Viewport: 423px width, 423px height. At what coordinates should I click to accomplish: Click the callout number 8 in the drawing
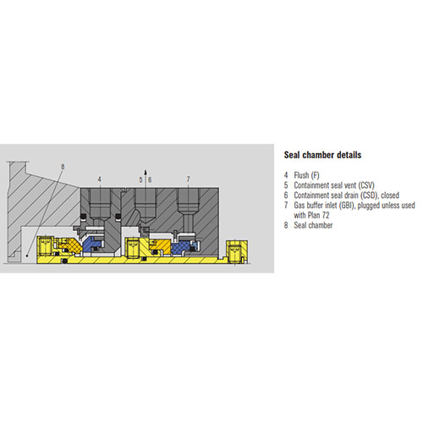(63, 167)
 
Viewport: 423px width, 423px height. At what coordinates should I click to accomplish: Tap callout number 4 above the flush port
(99, 179)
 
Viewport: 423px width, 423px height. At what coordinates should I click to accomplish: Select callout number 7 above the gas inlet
(188, 179)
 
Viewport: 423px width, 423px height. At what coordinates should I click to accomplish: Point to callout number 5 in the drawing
(140, 179)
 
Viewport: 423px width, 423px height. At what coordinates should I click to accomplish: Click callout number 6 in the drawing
(150, 179)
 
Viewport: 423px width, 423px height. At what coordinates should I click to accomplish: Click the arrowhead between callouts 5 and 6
(146, 172)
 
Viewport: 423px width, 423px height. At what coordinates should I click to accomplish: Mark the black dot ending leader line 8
(27, 255)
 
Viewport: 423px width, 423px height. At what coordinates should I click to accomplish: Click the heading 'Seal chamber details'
(322, 155)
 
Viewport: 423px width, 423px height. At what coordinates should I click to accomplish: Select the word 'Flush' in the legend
(301, 175)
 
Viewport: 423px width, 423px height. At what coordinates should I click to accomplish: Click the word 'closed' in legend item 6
(390, 195)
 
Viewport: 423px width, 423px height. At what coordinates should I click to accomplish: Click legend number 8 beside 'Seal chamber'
(286, 225)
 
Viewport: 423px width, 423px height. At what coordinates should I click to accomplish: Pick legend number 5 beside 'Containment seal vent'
(286, 185)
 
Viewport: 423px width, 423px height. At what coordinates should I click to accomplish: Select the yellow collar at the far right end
(236, 251)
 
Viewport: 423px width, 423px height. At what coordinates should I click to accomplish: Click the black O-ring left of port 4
(84, 217)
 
